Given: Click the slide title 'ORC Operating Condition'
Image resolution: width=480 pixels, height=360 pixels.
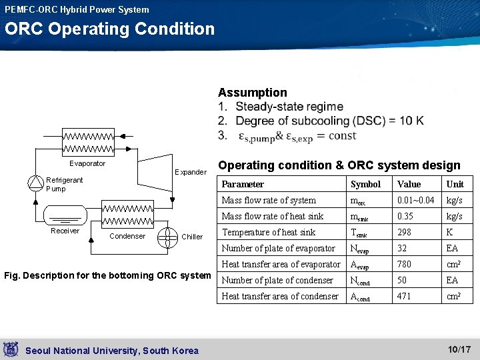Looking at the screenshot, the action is [110, 29].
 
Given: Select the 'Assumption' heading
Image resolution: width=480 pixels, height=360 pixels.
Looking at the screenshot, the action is [252, 93].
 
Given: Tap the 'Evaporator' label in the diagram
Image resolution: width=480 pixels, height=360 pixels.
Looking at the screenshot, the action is [87, 163].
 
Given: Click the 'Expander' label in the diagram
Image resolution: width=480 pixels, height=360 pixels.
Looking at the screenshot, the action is [190, 172].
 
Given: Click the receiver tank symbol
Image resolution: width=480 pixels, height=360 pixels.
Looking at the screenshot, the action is [65, 215].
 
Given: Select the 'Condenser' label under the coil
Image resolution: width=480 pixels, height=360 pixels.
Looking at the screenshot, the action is [127, 236].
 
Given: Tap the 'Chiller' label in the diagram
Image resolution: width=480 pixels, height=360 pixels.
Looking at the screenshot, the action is [192, 237].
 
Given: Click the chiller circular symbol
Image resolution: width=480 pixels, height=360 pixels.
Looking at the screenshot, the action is [167, 237].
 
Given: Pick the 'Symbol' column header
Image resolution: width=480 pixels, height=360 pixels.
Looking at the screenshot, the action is [365, 184].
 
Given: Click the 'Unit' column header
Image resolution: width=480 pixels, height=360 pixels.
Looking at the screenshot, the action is [455, 184].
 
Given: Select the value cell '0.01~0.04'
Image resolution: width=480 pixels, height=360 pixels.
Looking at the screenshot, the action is [415, 200].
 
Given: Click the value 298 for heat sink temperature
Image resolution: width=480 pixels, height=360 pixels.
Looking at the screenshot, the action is [405, 232].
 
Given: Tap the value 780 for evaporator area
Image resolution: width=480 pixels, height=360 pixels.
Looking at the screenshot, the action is [405, 264].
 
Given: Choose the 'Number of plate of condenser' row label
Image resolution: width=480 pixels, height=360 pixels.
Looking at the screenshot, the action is [277, 280].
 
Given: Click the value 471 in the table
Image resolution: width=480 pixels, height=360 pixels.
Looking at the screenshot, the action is [404, 296].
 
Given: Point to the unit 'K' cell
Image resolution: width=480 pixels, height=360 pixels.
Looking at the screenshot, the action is [449, 232].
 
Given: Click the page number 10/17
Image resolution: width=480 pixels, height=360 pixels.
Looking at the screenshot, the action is [459, 349].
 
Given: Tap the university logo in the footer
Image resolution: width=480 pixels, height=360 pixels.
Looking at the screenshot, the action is [11, 349].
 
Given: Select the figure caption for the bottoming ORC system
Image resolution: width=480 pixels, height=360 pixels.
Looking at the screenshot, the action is [107, 275].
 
